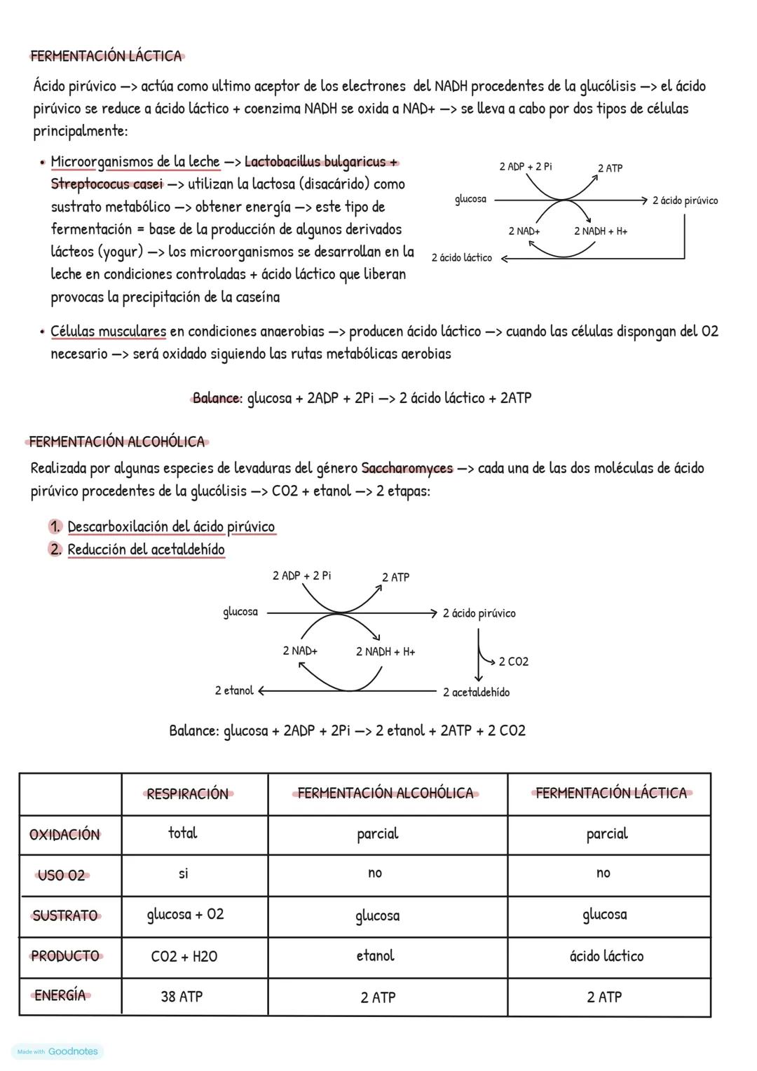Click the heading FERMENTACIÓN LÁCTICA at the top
coord(106,56)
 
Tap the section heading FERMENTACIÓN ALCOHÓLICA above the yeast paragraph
coord(117,442)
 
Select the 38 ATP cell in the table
coord(182,996)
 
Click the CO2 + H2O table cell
coord(184,956)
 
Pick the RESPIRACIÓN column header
coord(187,793)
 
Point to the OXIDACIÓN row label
coord(64,834)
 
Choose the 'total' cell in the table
coord(182,833)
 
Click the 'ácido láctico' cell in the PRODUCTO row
coord(606,956)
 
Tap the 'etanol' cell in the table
coord(375,955)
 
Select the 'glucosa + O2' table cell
coord(185,915)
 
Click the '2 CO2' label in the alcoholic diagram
coord(513,662)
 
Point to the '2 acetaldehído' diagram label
coord(476,693)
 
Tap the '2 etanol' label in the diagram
coord(234,690)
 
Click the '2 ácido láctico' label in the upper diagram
coord(461,258)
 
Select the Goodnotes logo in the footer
coord(72,1051)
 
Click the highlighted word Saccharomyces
coord(407,468)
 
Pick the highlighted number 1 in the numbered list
coord(55,526)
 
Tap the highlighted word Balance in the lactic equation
coord(215,398)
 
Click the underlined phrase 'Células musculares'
coord(108,331)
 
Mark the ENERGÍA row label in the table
coord(60,995)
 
